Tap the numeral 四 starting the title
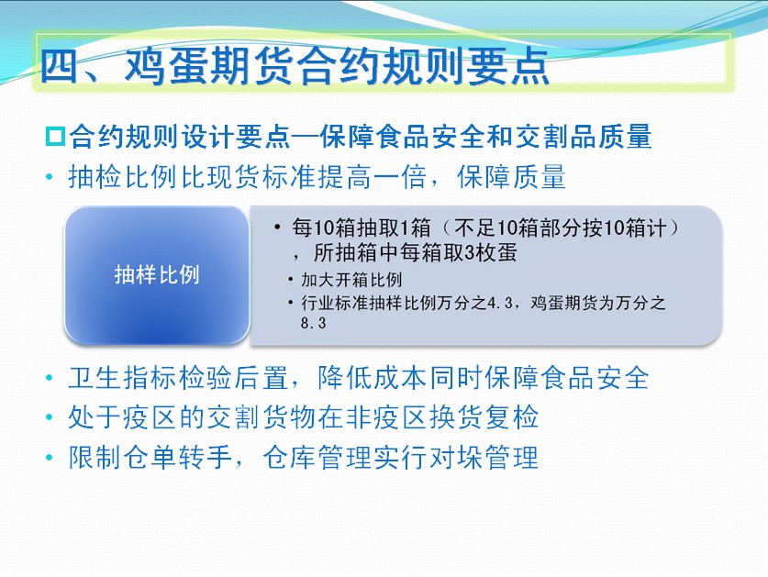click(59, 66)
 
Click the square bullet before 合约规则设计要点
click(55, 136)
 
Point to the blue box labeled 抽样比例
click(157, 275)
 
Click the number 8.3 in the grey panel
click(314, 323)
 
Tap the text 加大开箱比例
click(351, 280)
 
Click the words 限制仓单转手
click(150, 458)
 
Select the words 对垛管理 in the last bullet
click(484, 458)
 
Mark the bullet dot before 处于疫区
click(49, 417)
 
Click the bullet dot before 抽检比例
click(49, 177)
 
